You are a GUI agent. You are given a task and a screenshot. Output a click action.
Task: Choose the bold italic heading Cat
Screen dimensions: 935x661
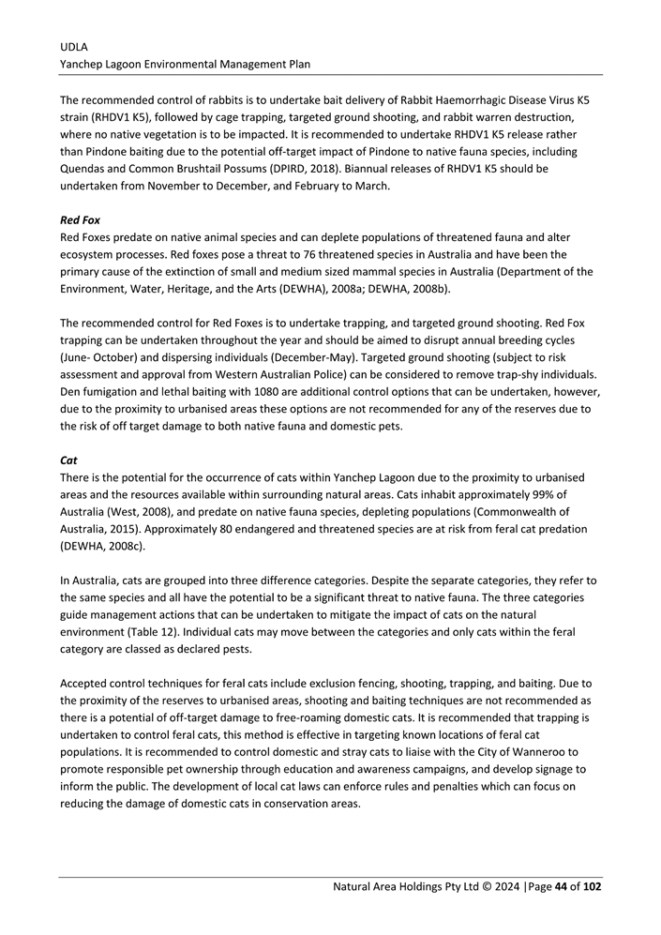click(x=68, y=460)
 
